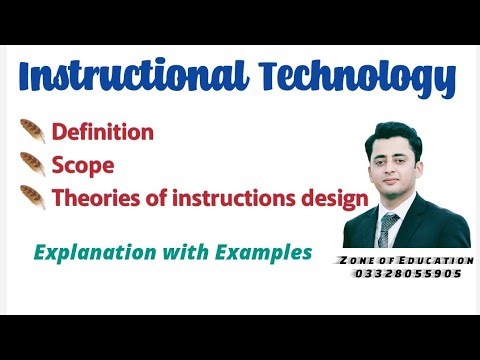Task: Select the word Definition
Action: [x=102, y=131]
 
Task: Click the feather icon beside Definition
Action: [x=32, y=131]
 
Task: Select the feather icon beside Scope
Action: [x=32, y=165]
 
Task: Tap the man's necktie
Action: [x=389, y=226]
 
